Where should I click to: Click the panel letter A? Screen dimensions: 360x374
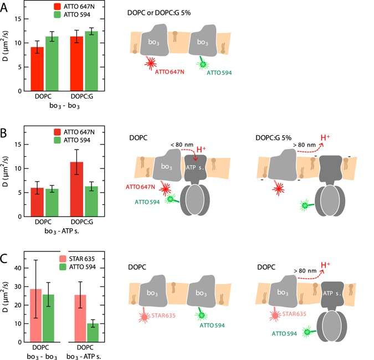pos(6,6)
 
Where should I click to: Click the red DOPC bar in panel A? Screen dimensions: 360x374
pos(37,69)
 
